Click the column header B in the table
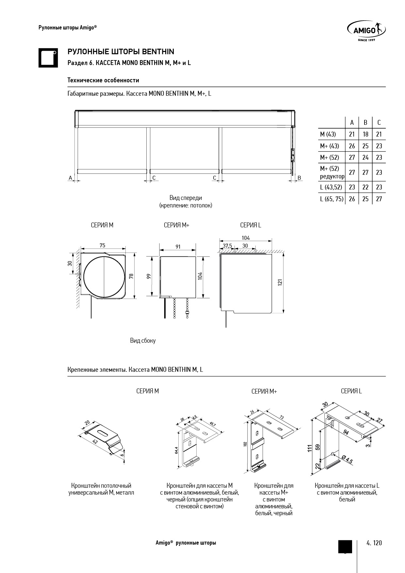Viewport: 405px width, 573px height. coord(365,123)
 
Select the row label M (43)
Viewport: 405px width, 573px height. coord(328,134)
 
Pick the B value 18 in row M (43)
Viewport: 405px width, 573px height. coord(365,134)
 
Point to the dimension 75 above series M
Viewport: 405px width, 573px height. coord(103,245)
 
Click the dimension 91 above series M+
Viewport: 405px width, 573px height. coord(178,247)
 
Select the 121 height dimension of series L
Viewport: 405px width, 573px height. coord(280,283)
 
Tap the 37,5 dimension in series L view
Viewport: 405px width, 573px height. coord(227,246)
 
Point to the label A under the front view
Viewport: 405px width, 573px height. coord(70,178)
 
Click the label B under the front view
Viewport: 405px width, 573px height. coord(299,178)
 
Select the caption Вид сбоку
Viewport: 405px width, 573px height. coord(143,341)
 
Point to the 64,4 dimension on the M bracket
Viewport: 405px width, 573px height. coord(176,450)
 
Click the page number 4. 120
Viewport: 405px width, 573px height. coord(374,543)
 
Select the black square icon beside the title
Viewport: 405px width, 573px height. coord(48,58)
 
